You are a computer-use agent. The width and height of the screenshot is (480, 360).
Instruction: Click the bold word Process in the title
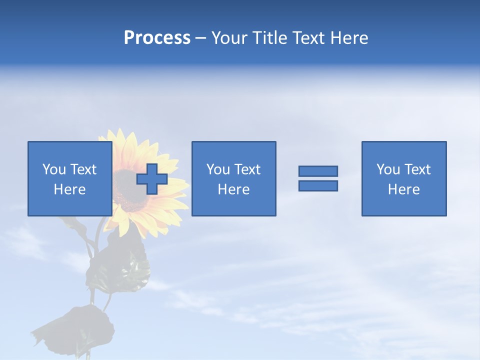(x=157, y=38)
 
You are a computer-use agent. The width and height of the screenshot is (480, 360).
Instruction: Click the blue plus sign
(x=152, y=179)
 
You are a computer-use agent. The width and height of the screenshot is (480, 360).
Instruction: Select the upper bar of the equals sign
(x=318, y=171)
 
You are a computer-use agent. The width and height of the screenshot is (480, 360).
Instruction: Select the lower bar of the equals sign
(x=318, y=186)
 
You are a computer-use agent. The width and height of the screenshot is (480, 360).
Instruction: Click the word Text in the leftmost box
(x=83, y=169)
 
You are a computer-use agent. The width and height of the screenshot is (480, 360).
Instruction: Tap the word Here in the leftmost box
(x=69, y=189)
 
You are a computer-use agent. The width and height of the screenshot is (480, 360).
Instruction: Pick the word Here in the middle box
(x=233, y=189)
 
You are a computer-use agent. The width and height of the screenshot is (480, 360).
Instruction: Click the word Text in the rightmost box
(x=418, y=169)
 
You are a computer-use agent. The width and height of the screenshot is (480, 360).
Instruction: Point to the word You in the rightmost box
(x=388, y=169)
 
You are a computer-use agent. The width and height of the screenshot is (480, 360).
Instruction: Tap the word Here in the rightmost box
(x=403, y=189)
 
